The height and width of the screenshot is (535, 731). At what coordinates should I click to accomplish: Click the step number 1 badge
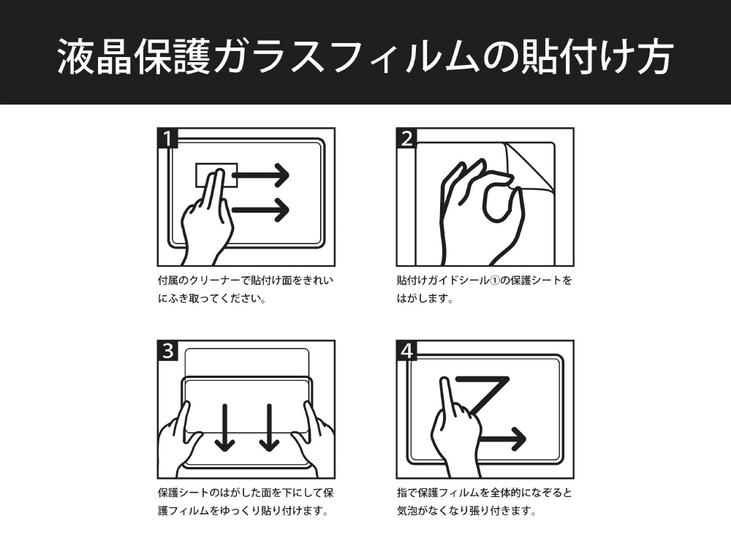click(x=168, y=138)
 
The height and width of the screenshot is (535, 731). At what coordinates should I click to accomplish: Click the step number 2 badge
click(x=406, y=138)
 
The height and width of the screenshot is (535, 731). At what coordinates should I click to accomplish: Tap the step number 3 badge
click(x=168, y=350)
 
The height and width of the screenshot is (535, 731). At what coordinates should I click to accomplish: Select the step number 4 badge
click(x=406, y=350)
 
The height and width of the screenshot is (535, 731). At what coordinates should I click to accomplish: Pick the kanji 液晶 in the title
click(x=94, y=57)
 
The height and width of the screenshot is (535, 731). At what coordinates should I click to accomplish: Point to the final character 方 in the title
click(x=654, y=57)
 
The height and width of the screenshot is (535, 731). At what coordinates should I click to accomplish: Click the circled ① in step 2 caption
click(x=494, y=281)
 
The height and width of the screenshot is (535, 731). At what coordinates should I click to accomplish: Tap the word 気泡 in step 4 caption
click(x=406, y=511)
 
